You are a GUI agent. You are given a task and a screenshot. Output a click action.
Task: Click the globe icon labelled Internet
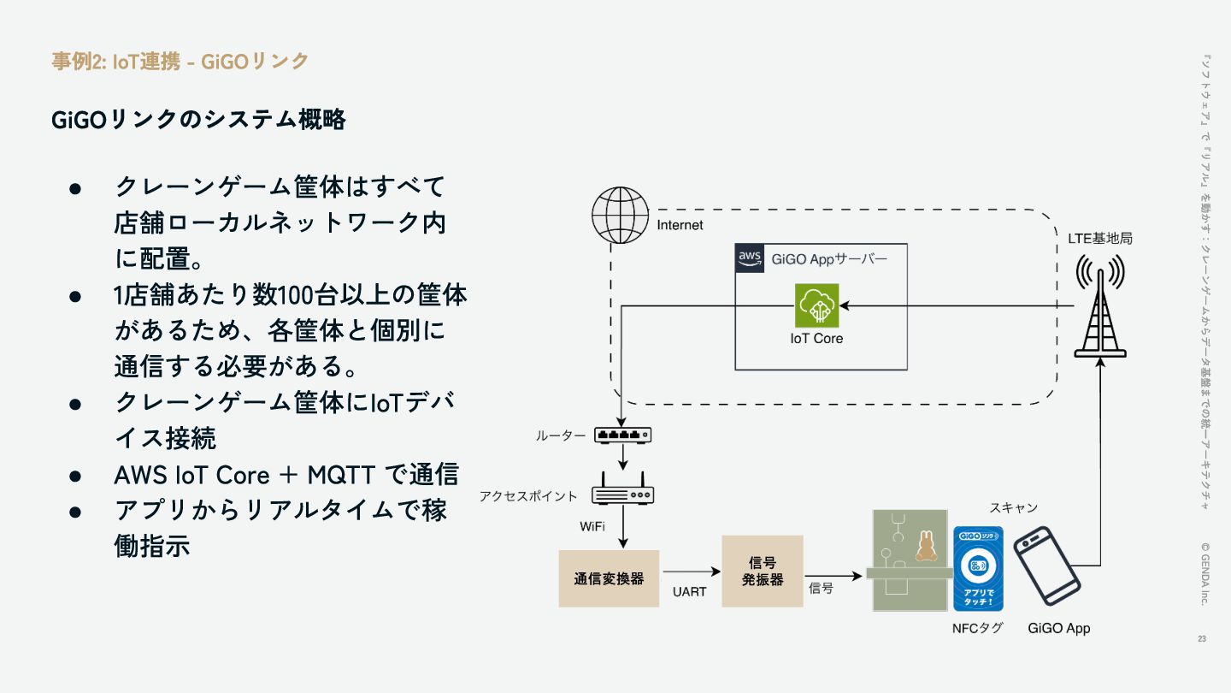pos(620,215)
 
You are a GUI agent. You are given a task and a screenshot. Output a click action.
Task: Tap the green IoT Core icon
pos(816,305)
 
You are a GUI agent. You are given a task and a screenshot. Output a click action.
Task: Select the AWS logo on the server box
pos(750,258)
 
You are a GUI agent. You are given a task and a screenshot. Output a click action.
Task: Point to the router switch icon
pos(623,435)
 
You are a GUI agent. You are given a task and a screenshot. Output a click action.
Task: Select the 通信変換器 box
pos(609,578)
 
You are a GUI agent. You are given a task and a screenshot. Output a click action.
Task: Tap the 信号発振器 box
pos(762,571)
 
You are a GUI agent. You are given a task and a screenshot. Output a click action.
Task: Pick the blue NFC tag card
pos(978,568)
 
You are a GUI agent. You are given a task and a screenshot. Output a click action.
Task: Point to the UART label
pos(689,592)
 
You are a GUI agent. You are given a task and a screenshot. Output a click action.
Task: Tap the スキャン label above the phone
pos(1013,508)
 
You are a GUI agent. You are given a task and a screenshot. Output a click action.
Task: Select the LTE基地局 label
pos(1099,239)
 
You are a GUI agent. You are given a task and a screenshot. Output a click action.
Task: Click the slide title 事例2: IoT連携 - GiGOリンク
pos(180,61)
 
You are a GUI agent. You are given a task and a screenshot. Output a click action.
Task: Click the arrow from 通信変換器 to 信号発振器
pos(690,572)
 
